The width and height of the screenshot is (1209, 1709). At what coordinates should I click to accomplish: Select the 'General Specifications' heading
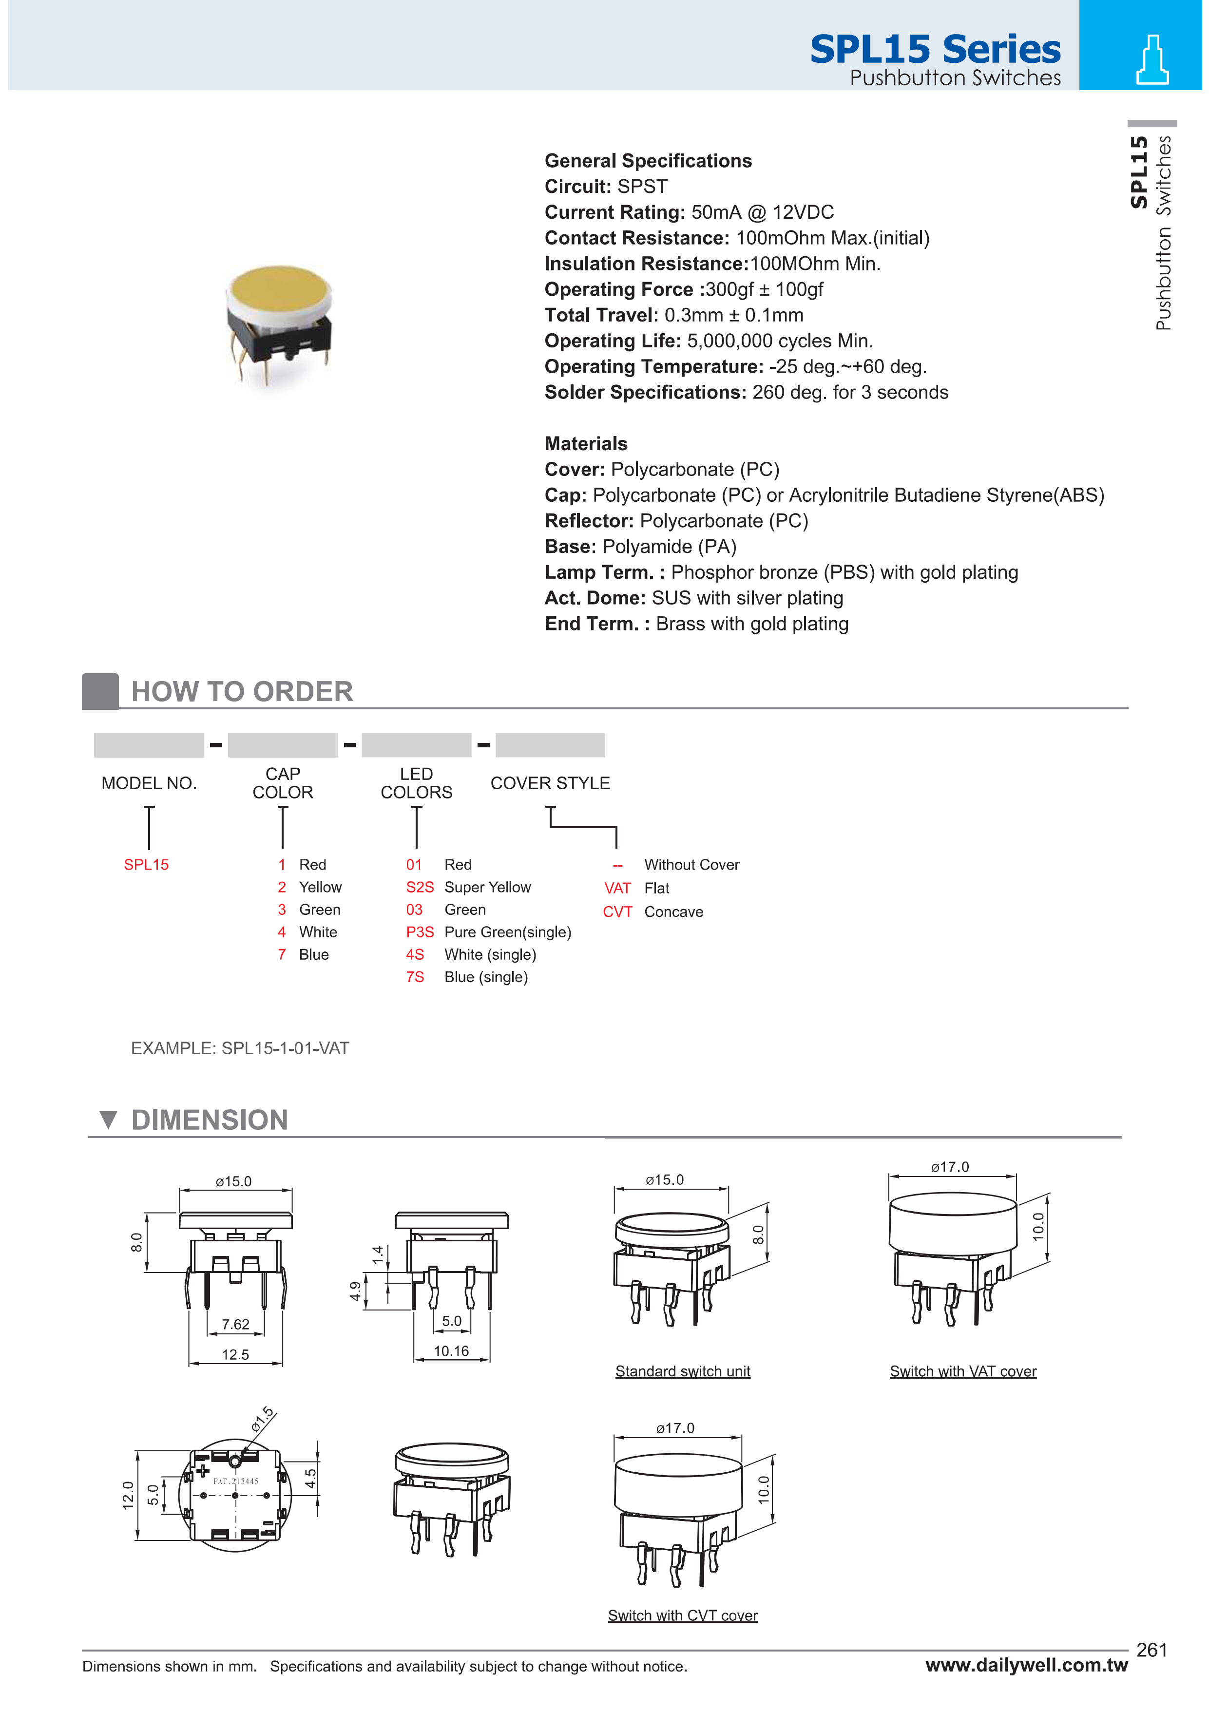[x=648, y=161]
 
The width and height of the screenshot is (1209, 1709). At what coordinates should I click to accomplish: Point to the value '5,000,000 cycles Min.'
[x=780, y=341]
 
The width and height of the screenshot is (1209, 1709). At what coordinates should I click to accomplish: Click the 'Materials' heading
[x=586, y=444]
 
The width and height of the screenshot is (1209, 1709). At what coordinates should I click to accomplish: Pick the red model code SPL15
[x=146, y=865]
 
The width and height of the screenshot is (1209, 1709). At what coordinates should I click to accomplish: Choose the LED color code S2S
[x=419, y=887]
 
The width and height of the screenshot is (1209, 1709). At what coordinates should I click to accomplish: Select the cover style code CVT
[x=617, y=912]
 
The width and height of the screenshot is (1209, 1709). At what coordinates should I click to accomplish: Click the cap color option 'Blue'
[x=313, y=955]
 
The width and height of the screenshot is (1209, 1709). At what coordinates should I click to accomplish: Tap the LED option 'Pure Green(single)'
[x=508, y=932]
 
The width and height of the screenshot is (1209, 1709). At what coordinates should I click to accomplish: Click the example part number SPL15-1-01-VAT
[x=285, y=1048]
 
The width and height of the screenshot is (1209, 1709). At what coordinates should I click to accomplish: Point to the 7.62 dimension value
[x=235, y=1324]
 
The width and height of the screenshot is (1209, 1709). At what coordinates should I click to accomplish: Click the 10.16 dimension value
[x=451, y=1351]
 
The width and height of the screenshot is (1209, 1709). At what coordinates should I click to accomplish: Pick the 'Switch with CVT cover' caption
[x=683, y=1615]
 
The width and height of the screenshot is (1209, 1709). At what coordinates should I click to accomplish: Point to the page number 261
[x=1151, y=1650]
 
